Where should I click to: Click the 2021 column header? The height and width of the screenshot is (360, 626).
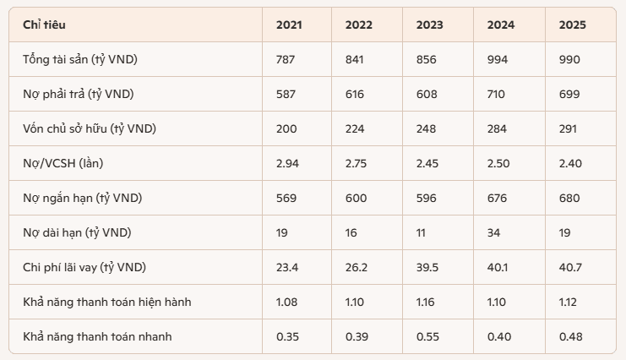tap(289, 25)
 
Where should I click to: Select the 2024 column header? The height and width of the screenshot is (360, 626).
tap(501, 25)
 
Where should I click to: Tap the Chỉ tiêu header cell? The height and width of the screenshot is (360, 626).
tap(44, 25)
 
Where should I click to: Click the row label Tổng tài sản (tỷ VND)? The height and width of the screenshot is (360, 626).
tap(80, 59)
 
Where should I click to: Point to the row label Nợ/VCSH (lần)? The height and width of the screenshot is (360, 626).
tap(63, 163)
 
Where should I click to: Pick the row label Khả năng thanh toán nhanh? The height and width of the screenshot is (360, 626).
tap(97, 337)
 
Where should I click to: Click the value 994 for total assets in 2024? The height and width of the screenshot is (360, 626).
tap(498, 59)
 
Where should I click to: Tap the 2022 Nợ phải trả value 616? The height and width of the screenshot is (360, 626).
tap(355, 95)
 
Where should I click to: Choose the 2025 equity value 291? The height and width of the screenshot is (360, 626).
tap(568, 129)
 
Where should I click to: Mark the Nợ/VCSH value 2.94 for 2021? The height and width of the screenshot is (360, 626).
tap(287, 163)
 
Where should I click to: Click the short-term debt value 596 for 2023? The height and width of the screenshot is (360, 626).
tap(427, 199)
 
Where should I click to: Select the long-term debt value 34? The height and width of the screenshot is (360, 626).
tap(493, 233)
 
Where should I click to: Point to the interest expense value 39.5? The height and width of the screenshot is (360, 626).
tap(427, 267)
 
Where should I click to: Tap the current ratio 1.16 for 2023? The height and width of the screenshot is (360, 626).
tap(425, 302)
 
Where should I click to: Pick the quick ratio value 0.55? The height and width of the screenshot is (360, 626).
tap(427, 337)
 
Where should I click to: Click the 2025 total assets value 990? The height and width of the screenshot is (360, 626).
tap(569, 59)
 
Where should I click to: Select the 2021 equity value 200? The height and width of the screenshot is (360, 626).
tap(286, 129)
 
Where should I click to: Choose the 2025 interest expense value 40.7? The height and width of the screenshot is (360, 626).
tap(570, 267)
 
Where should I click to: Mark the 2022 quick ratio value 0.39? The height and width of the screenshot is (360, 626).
tap(357, 337)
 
